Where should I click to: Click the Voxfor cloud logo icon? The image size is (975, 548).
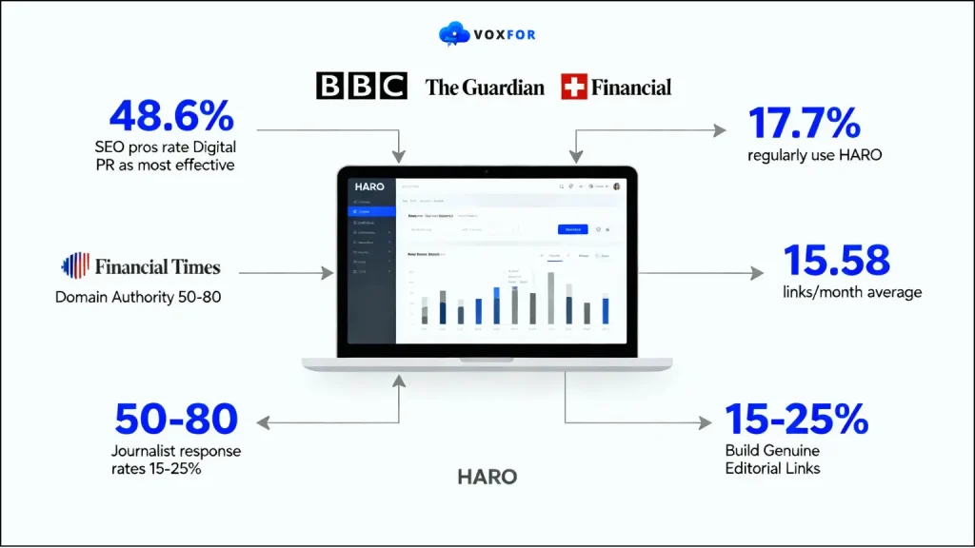(454, 34)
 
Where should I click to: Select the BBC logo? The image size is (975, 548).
(361, 87)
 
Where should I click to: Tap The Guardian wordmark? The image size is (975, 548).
(485, 88)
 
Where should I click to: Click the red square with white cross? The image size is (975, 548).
(574, 87)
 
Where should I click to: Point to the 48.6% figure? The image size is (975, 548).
(171, 117)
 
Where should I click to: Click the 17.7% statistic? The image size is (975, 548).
(805, 124)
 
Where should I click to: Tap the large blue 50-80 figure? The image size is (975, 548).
(176, 419)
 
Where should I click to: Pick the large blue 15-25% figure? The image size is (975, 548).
(796, 419)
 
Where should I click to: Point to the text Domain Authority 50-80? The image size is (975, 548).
(138, 297)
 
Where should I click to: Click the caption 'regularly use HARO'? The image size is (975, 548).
(814, 154)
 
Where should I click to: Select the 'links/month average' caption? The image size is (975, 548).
(852, 292)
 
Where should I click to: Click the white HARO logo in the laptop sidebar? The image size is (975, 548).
(368, 186)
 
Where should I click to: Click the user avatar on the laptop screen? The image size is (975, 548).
(617, 186)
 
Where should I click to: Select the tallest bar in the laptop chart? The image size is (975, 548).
(550, 298)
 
